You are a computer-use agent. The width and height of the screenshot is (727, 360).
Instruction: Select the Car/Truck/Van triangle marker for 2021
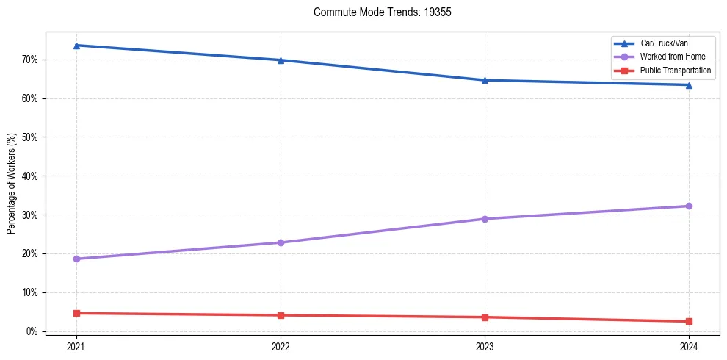click(76, 46)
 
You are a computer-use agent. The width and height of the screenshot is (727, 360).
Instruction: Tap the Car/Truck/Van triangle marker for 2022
click(281, 60)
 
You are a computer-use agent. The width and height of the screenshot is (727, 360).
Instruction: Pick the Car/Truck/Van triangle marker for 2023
click(485, 80)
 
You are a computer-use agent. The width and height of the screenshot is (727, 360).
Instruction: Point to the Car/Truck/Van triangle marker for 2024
click(689, 84)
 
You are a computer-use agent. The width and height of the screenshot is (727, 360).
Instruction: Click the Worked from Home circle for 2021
click(76, 259)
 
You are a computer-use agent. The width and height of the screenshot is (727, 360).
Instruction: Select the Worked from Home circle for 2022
click(281, 242)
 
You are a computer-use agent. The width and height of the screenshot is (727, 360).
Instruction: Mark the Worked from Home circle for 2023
click(485, 219)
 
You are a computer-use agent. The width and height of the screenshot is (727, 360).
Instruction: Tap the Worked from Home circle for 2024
click(689, 206)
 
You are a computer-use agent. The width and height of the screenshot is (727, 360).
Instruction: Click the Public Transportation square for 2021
click(76, 313)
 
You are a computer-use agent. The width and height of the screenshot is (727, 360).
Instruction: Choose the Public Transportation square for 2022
click(281, 315)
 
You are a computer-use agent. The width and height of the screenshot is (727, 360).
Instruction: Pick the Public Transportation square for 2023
click(485, 317)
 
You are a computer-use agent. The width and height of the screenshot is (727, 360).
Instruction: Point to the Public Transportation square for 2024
click(689, 321)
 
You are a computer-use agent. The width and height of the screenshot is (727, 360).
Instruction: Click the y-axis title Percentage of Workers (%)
click(12, 183)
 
